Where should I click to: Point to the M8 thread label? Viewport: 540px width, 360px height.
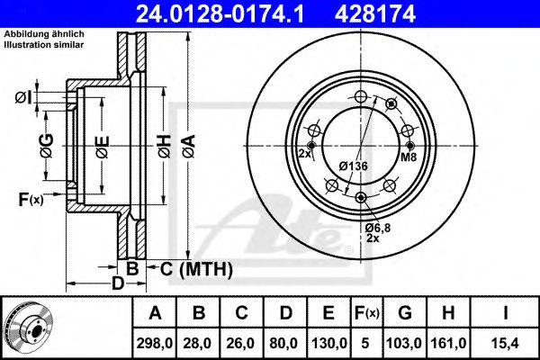click(x=408, y=157)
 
